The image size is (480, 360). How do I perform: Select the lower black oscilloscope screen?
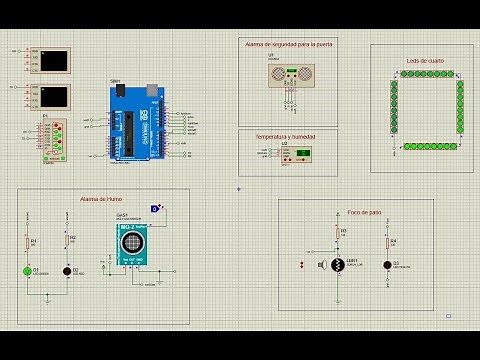54,97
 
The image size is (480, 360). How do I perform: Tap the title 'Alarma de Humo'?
101,200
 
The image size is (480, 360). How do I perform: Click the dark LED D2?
67,270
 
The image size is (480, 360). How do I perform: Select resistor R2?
67,241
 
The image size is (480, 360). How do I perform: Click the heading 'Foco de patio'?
364,212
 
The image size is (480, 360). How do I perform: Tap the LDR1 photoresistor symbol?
337,265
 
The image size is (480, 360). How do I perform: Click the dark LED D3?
388,265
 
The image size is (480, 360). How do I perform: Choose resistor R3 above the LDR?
338,236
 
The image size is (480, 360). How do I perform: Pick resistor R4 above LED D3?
388,241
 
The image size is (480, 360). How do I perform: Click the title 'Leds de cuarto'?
425,61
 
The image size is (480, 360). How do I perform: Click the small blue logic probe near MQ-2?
155,208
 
